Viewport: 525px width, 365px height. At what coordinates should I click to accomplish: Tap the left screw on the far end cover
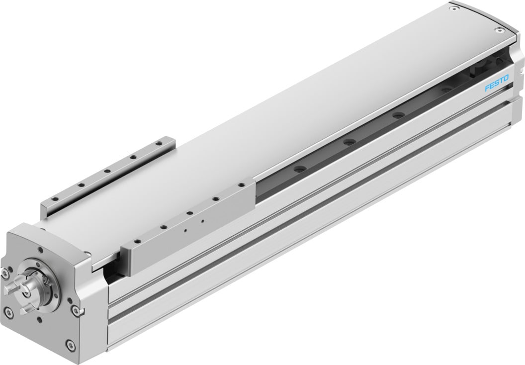pos(451,8)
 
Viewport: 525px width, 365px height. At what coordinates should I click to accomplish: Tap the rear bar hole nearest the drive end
pos(56,198)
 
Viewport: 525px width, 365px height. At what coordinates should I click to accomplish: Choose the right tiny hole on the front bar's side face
pos(203,221)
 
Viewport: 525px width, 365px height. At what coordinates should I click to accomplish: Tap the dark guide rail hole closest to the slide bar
pos(299,170)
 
